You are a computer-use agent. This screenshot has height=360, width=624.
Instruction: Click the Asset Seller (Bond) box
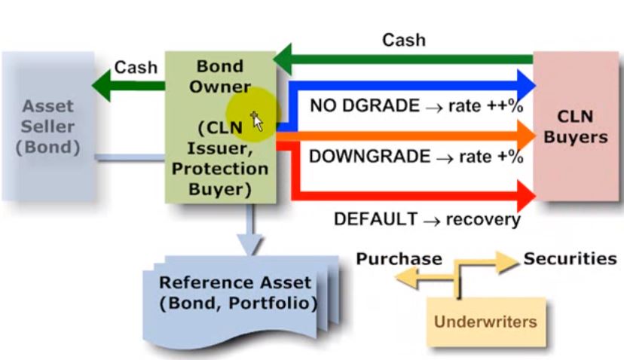[48, 126]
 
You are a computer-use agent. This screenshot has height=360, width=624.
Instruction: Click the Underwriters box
[485, 322]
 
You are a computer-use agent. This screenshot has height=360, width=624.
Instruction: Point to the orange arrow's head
[527, 136]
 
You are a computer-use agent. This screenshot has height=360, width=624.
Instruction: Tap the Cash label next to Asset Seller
[136, 67]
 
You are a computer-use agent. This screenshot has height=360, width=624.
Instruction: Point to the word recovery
[483, 219]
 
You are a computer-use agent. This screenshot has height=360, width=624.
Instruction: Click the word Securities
[570, 258]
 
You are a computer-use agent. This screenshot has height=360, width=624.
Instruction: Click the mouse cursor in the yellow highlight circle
[256, 119]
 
